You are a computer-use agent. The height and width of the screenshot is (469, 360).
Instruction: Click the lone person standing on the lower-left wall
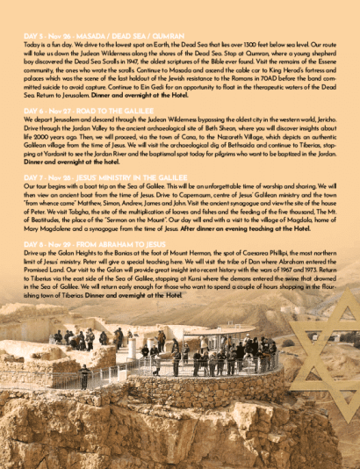click(84, 379)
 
